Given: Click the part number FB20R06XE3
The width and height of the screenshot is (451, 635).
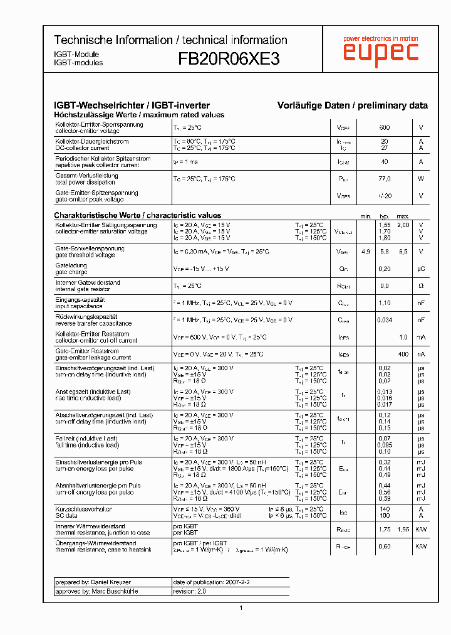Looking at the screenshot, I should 229,59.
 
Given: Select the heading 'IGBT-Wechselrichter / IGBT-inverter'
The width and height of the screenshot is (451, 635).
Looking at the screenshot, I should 132,105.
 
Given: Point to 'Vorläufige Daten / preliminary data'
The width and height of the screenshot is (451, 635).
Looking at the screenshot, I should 353,105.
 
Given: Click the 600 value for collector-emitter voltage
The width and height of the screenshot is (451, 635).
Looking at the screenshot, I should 385,127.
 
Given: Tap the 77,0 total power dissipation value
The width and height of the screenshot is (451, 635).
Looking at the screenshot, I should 385,179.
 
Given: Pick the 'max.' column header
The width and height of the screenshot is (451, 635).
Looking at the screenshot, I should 403,216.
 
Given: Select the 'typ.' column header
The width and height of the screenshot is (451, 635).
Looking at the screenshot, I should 385,216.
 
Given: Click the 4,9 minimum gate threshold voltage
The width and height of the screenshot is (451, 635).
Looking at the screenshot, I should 366,252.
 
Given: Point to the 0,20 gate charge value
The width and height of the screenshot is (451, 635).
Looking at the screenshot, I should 385,269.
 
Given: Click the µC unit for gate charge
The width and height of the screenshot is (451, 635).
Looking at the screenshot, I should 421,269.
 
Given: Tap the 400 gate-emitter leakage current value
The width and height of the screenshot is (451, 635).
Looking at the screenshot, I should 403,355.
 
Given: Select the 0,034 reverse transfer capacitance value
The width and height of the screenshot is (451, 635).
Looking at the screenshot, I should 385,320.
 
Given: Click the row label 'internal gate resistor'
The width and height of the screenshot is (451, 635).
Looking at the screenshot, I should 87,289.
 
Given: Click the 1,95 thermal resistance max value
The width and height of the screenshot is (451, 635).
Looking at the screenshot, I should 403,530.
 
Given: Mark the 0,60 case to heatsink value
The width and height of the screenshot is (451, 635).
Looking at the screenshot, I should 385,547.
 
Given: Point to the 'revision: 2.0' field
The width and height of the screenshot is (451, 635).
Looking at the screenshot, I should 189,591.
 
